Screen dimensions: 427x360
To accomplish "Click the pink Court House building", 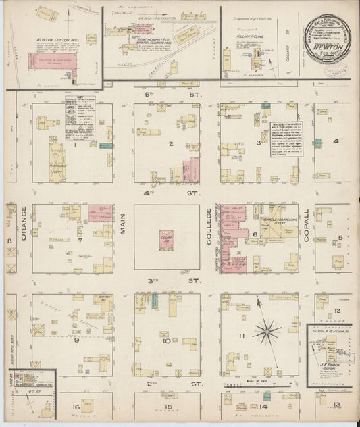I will pos(164,240).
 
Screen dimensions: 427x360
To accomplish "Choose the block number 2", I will pos(171,144).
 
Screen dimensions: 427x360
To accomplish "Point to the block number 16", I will pos(76,407).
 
